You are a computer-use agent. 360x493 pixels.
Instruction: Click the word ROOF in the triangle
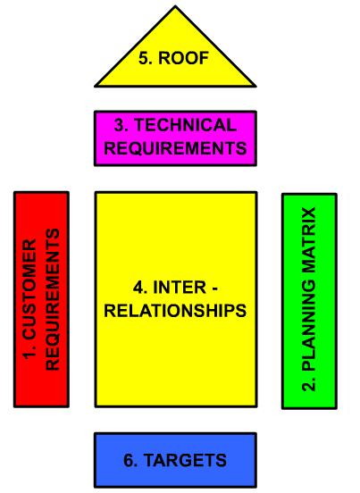click(x=184, y=58)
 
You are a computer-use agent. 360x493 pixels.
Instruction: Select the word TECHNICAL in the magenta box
click(x=185, y=125)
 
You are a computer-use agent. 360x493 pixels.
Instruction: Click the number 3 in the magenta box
click(x=121, y=125)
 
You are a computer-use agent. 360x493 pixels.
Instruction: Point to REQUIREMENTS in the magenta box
click(x=175, y=147)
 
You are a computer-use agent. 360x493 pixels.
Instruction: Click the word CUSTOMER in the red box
click(x=29, y=289)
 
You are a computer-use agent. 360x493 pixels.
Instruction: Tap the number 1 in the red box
click(x=29, y=353)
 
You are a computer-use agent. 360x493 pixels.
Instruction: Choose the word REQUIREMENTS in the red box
click(x=53, y=299)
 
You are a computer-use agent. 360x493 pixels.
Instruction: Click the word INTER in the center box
click(x=180, y=288)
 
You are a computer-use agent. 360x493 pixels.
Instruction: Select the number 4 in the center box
click(x=140, y=288)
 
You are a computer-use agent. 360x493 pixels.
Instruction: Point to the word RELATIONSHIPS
click(x=175, y=311)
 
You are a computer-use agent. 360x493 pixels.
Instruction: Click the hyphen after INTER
click(x=214, y=288)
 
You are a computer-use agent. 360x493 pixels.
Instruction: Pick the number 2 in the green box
click(x=308, y=384)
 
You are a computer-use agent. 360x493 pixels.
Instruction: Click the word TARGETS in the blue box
click(x=185, y=460)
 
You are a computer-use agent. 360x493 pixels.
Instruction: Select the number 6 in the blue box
click(x=130, y=460)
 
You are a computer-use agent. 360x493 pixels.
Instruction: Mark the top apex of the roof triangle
click(x=175, y=6)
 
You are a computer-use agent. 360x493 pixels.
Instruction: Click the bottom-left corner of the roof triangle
click(x=96, y=86)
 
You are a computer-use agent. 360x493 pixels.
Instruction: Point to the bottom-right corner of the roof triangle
click(x=255, y=86)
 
